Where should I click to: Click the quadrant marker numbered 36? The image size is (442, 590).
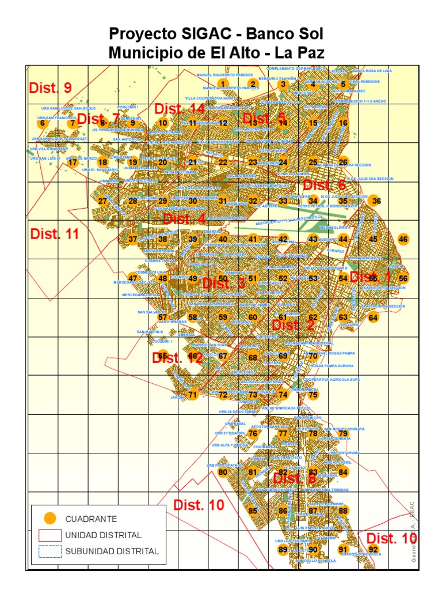pyautogui.click(x=376, y=201)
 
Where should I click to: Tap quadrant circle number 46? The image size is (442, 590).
pyautogui.click(x=403, y=240)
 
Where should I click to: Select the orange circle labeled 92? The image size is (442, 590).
pyautogui.click(x=373, y=550)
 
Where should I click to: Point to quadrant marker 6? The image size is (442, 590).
pyautogui.click(x=41, y=123)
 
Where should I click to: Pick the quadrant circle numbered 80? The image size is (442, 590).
pyautogui.click(x=223, y=472)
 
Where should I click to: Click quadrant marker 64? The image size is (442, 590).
pyautogui.click(x=374, y=317)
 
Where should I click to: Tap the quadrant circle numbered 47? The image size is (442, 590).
pyautogui.click(x=133, y=278)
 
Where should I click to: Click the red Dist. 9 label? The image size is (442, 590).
pyautogui.click(x=50, y=88)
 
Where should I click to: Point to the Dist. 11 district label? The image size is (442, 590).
pyautogui.click(x=54, y=234)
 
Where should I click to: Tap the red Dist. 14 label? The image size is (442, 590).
pyautogui.click(x=179, y=109)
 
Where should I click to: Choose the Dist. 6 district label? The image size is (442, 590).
pyautogui.click(x=324, y=185)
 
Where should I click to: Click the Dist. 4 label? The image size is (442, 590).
pyautogui.click(x=184, y=219)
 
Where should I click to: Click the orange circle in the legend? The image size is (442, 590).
pyautogui.click(x=51, y=519)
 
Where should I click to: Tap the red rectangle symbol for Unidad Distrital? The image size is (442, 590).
pyautogui.click(x=51, y=535)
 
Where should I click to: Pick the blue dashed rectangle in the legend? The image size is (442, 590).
pyautogui.click(x=51, y=551)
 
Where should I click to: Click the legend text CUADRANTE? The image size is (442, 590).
pyautogui.click(x=99, y=519)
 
